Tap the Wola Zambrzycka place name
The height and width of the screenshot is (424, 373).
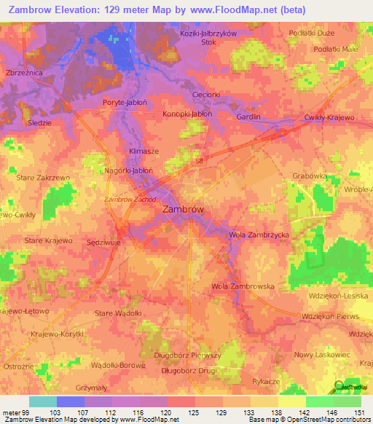point(259,235)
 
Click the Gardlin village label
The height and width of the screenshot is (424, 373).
point(248,117)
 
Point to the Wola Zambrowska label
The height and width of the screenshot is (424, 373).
point(243,286)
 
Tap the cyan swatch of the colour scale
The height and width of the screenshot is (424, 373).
point(43,401)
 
